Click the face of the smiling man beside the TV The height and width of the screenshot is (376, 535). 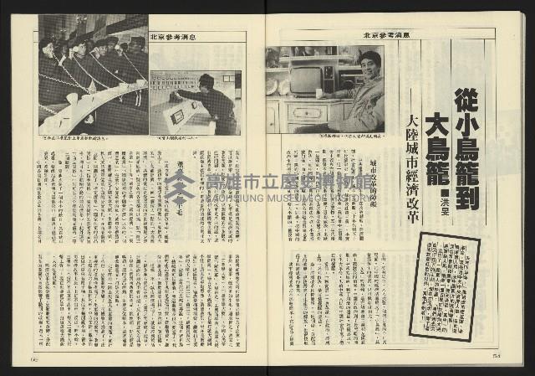[x=369, y=63]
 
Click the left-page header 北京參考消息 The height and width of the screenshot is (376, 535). [x=174, y=37]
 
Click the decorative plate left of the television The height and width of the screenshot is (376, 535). [x=273, y=85]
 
